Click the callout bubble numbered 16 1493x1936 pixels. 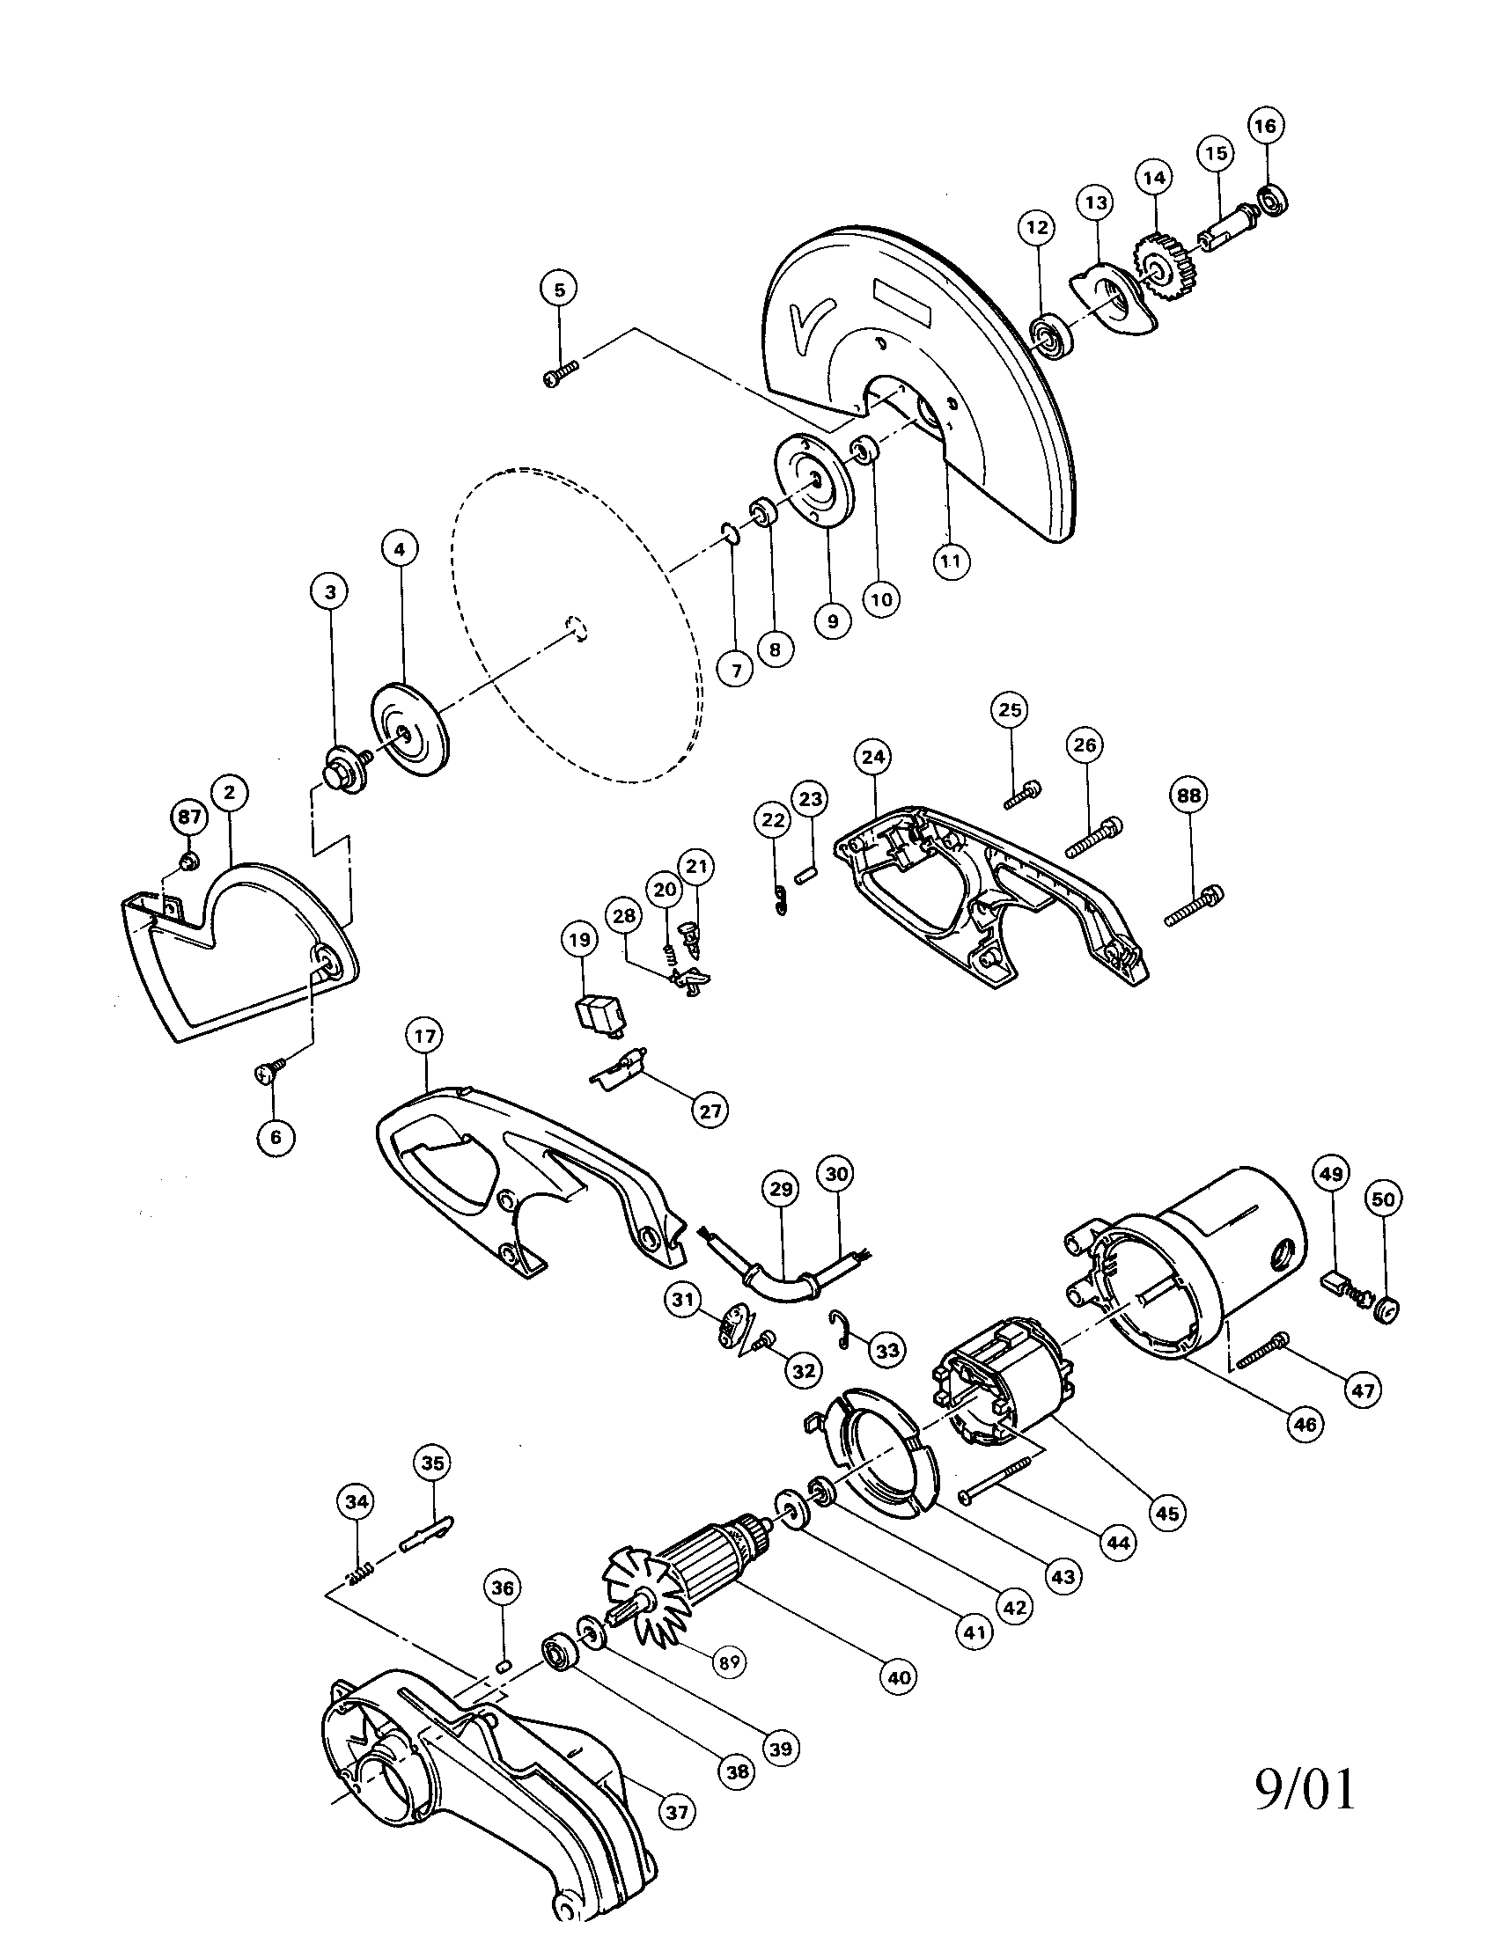[1266, 127]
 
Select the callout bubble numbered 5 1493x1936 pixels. [559, 289]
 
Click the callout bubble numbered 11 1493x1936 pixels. [952, 561]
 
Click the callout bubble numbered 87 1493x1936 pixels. [189, 817]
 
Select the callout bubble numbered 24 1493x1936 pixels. [873, 757]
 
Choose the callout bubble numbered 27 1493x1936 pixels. [711, 1110]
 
